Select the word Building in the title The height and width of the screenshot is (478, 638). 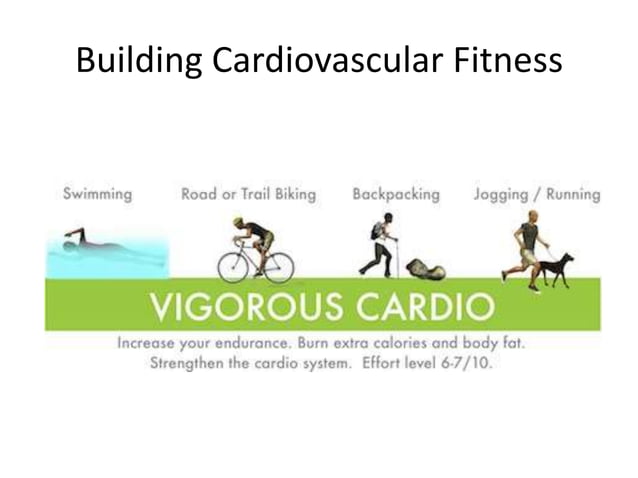pyautogui.click(x=140, y=61)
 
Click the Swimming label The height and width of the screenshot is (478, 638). pyautogui.click(x=97, y=194)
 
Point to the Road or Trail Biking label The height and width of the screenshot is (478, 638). pyautogui.click(x=248, y=194)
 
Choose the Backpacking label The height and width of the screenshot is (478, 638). pyautogui.click(x=395, y=194)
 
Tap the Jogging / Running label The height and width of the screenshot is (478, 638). pyautogui.click(x=536, y=194)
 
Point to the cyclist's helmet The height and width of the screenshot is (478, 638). pyautogui.click(x=241, y=222)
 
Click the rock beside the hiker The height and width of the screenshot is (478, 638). pyautogui.click(x=425, y=268)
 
